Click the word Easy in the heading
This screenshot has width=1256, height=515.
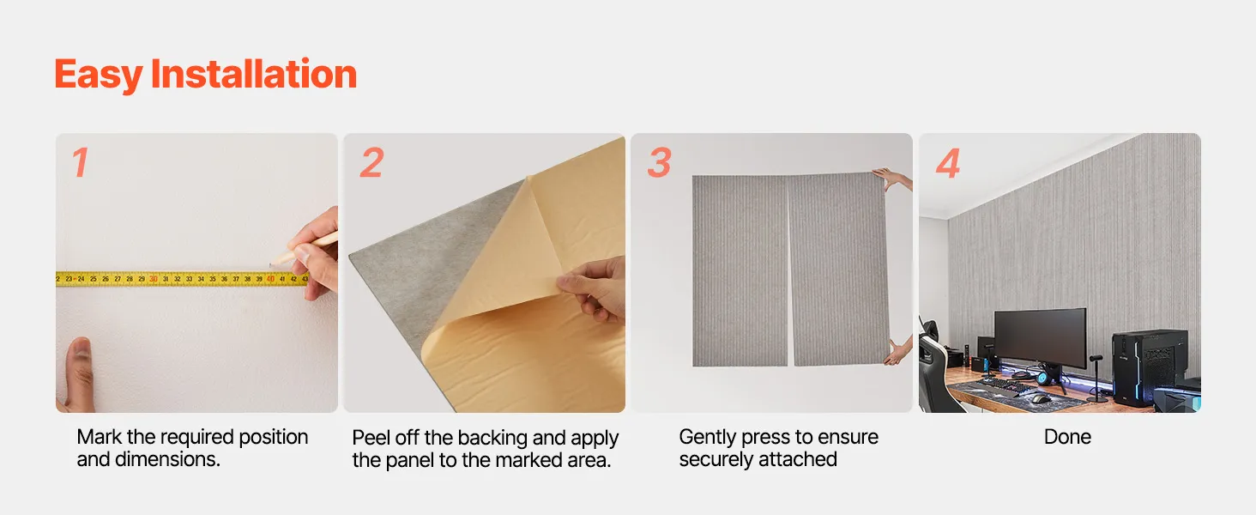[98, 75]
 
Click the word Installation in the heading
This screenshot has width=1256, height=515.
[254, 73]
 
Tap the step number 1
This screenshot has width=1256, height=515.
[80, 163]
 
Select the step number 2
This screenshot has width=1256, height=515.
[371, 163]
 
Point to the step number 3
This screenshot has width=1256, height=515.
[660, 163]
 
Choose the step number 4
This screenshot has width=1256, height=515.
[948, 163]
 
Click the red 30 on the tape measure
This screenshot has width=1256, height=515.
[153, 279]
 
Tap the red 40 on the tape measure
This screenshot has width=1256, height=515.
[270, 279]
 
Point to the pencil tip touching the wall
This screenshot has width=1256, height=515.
[271, 264]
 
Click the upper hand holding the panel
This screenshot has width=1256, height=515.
[892, 179]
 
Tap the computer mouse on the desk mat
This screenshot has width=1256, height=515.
[1040, 399]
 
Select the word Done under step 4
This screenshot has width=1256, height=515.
[1067, 437]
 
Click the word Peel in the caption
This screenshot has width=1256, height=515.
[371, 438]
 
